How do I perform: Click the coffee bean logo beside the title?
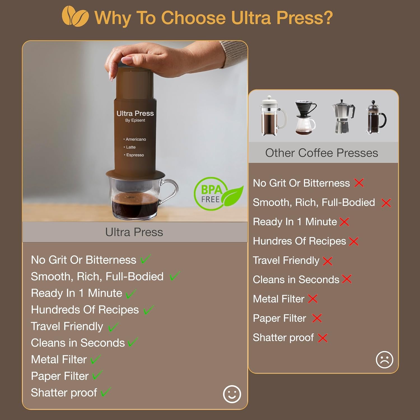(x=75, y=17)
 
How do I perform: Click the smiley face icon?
(x=232, y=394)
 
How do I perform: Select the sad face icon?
(x=384, y=360)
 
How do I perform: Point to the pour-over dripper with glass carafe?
(x=305, y=118)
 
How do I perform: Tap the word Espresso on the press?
(x=135, y=155)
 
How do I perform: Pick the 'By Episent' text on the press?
(x=135, y=120)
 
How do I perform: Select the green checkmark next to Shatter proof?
(x=106, y=392)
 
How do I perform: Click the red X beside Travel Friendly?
(x=327, y=261)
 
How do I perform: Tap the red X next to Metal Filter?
(x=313, y=299)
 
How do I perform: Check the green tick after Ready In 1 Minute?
(x=131, y=294)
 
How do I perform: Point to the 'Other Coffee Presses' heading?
(x=322, y=153)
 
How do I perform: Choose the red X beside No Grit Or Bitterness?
(x=359, y=183)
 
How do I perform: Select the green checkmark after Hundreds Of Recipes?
(x=149, y=310)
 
